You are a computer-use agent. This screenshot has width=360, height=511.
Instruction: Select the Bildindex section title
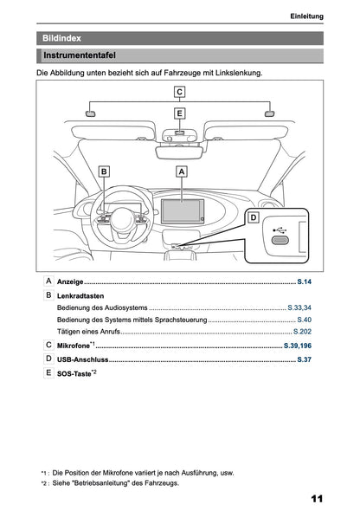pyautogui.click(x=62, y=38)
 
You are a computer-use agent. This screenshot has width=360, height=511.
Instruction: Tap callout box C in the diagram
pyautogui.click(x=179, y=92)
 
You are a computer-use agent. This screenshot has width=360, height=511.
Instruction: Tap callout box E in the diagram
pyautogui.click(x=179, y=113)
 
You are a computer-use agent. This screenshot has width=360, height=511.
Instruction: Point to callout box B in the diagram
pyautogui.click(x=104, y=172)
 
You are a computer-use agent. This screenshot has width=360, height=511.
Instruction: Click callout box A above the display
pyautogui.click(x=182, y=172)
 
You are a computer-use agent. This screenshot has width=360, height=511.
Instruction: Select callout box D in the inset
pyautogui.click(x=253, y=217)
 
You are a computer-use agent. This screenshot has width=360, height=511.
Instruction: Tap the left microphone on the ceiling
pyautogui.click(x=91, y=113)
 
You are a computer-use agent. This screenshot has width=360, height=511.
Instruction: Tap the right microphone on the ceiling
pyautogui.click(x=269, y=113)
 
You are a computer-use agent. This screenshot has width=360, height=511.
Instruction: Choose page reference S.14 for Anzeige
pyautogui.click(x=304, y=283)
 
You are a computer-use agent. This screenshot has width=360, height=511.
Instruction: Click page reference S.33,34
pyautogui.click(x=299, y=307)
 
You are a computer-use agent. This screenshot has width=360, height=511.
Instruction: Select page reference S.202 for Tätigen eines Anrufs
pyautogui.click(x=302, y=332)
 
